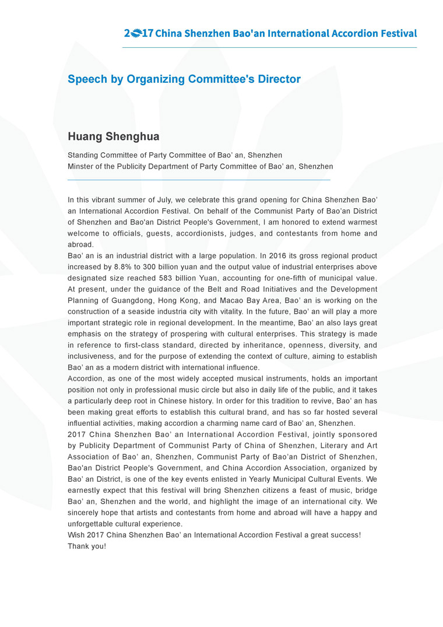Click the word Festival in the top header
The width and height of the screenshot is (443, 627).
click(396, 33)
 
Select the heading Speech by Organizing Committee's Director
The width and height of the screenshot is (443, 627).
click(184, 79)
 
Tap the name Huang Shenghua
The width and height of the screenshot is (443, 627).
click(114, 137)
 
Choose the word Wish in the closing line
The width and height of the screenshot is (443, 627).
click(76, 535)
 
